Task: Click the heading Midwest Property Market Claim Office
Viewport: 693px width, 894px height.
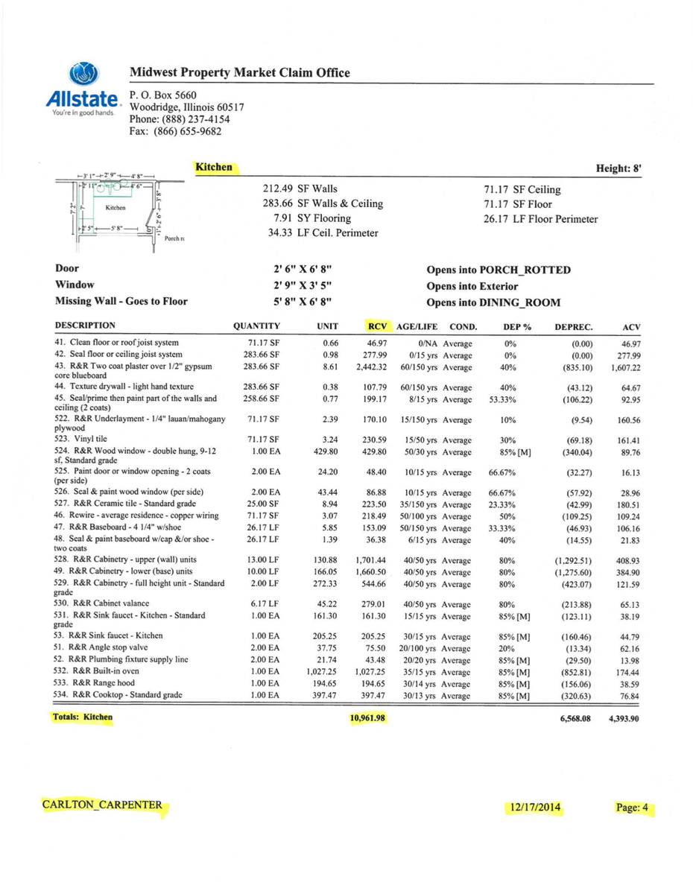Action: tap(239, 73)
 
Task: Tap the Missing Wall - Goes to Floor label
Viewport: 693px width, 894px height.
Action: tap(121, 301)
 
